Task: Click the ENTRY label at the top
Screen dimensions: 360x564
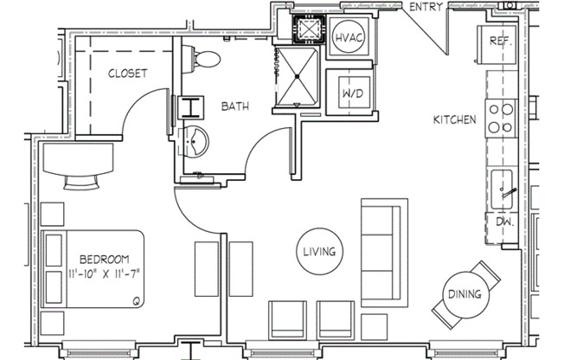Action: tap(426, 7)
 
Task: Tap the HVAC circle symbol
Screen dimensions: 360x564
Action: tap(349, 37)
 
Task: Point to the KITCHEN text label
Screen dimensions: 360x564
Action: tap(454, 119)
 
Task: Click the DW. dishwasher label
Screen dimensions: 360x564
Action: tap(505, 222)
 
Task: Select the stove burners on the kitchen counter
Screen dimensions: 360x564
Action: tap(501, 119)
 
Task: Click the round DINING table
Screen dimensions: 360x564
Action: tap(465, 294)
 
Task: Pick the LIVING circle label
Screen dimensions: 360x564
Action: tap(318, 252)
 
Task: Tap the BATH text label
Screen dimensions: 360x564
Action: tap(235, 106)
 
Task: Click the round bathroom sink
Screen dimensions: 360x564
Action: tap(197, 140)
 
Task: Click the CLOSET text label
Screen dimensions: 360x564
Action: tap(127, 74)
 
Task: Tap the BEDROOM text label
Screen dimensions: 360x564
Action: tap(104, 259)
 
